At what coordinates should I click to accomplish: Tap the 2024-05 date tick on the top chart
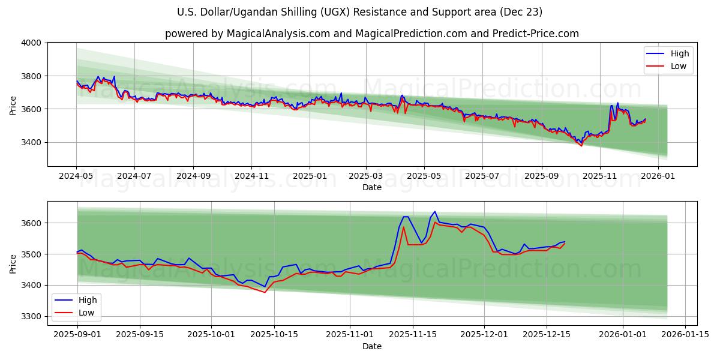(76, 176)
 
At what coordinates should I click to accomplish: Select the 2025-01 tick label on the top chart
(310, 176)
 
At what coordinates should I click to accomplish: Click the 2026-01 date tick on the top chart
(658, 176)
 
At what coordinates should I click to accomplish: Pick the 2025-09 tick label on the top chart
(542, 176)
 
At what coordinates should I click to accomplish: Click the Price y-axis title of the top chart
(13, 104)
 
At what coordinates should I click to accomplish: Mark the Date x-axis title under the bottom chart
(372, 346)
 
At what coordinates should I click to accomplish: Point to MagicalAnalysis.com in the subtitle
(278, 34)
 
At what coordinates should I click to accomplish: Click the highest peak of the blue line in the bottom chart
(434, 212)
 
